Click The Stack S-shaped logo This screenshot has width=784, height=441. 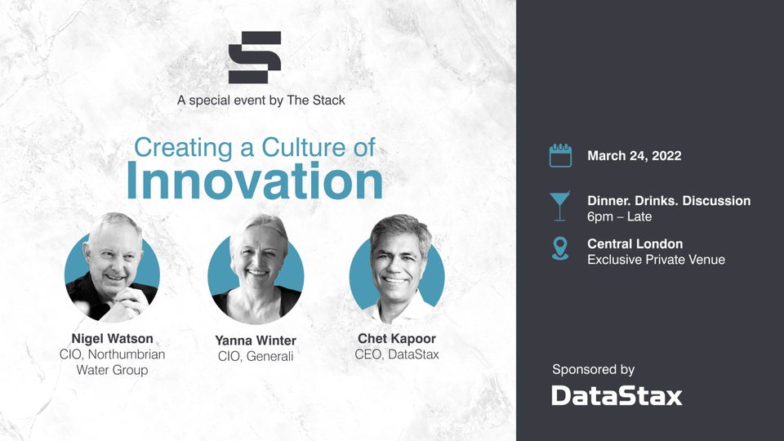(255, 57)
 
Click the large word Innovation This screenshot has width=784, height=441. (254, 181)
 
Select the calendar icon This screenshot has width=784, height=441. (560, 155)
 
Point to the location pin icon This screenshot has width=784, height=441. (559, 248)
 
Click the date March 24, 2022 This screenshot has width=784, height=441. (634, 155)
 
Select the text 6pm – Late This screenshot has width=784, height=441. (619, 216)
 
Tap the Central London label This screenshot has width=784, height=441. (635, 243)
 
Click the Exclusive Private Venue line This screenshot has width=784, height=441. (656, 260)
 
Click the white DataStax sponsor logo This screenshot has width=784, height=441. (617, 396)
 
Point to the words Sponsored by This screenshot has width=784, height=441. (593, 369)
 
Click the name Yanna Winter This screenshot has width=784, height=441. (256, 340)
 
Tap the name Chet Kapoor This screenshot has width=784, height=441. (397, 338)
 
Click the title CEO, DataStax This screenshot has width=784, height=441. (397, 354)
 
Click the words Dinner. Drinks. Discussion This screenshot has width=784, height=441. (668, 201)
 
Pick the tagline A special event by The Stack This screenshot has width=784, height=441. (261, 100)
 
